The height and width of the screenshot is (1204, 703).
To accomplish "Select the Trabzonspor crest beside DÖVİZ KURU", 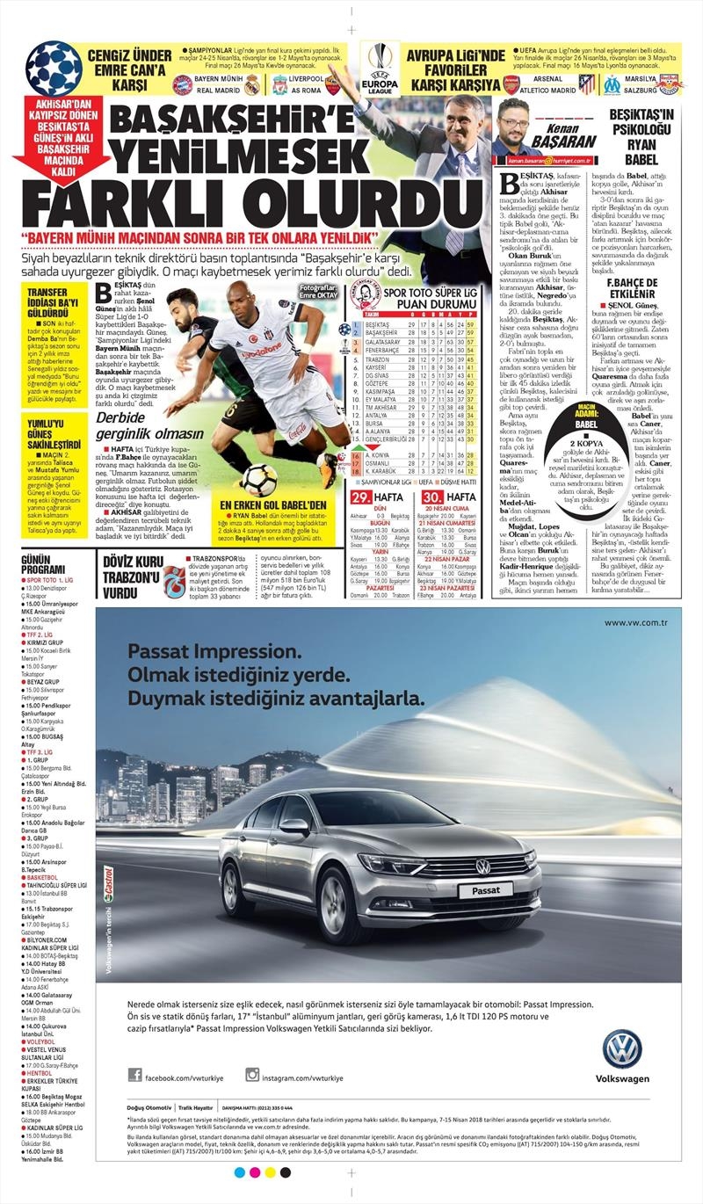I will [172, 582].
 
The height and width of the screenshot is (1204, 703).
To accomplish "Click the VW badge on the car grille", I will [482, 867].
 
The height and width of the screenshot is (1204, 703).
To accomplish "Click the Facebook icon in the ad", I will [135, 1075].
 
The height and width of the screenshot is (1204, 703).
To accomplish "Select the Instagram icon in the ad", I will [252, 1075].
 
